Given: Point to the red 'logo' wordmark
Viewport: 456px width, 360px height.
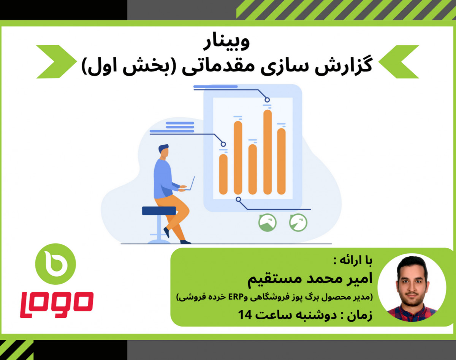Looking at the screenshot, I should point(57,304).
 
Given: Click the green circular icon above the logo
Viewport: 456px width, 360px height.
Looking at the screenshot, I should point(55,264).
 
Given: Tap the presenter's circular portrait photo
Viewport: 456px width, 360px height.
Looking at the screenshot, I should point(412,287).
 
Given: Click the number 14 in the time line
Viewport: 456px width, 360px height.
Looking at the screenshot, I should point(245,314).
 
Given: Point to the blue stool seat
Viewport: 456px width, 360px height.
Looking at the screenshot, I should point(159,210).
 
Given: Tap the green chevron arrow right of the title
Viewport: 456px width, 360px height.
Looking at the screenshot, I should point(399,62).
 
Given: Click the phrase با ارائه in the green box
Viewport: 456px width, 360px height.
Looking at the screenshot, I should point(355,262).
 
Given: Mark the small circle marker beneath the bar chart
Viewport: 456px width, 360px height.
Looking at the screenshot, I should point(238,199).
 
